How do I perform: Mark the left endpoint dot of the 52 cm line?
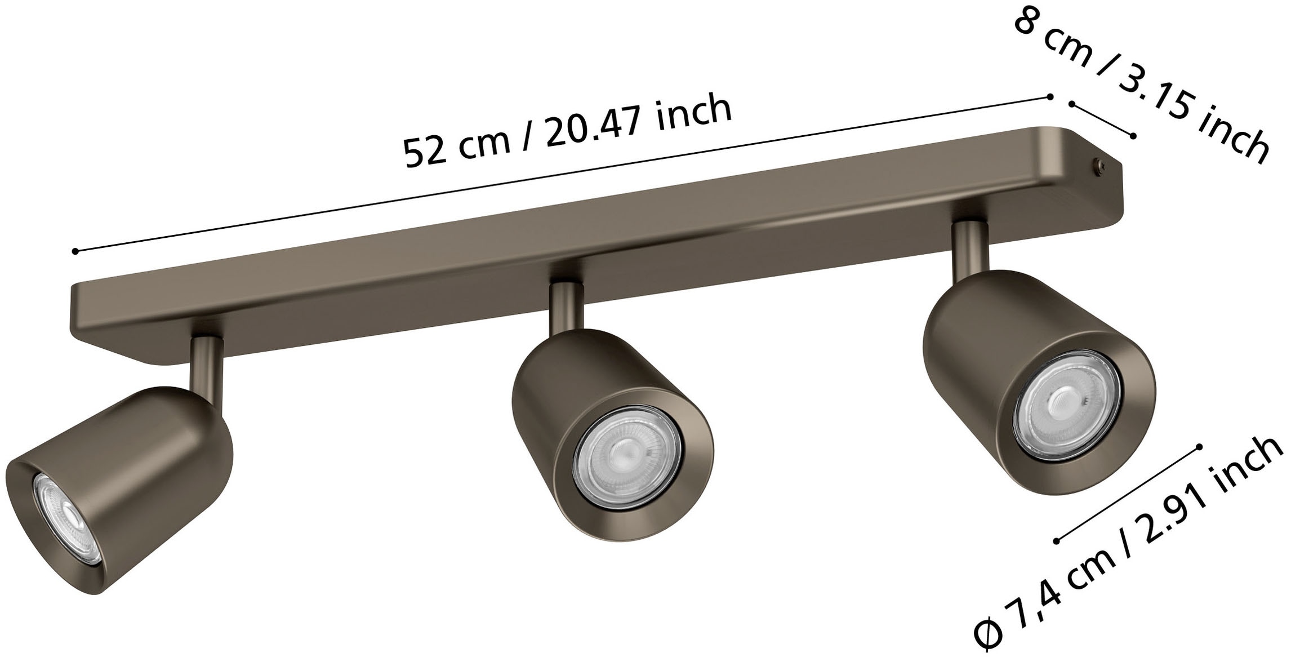[x=75, y=251]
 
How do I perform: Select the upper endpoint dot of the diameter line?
[x=1199, y=446]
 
